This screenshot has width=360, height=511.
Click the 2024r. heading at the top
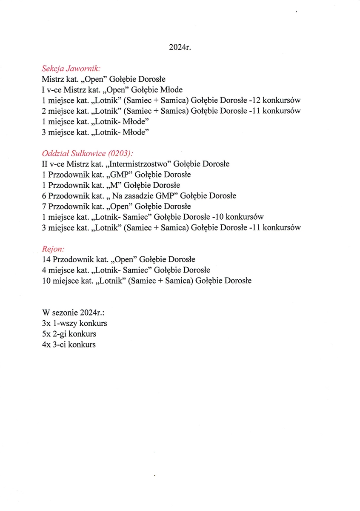pyautogui.click(x=180, y=47)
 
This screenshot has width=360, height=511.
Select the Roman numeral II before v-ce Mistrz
pyautogui.click(x=45, y=164)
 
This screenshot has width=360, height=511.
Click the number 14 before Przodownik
pyautogui.click(x=46, y=259)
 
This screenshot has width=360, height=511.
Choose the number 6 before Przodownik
pyautogui.click(x=44, y=196)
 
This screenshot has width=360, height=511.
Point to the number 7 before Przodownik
pyautogui.click(x=44, y=207)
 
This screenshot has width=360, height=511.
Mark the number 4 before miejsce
pyautogui.click(x=44, y=270)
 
